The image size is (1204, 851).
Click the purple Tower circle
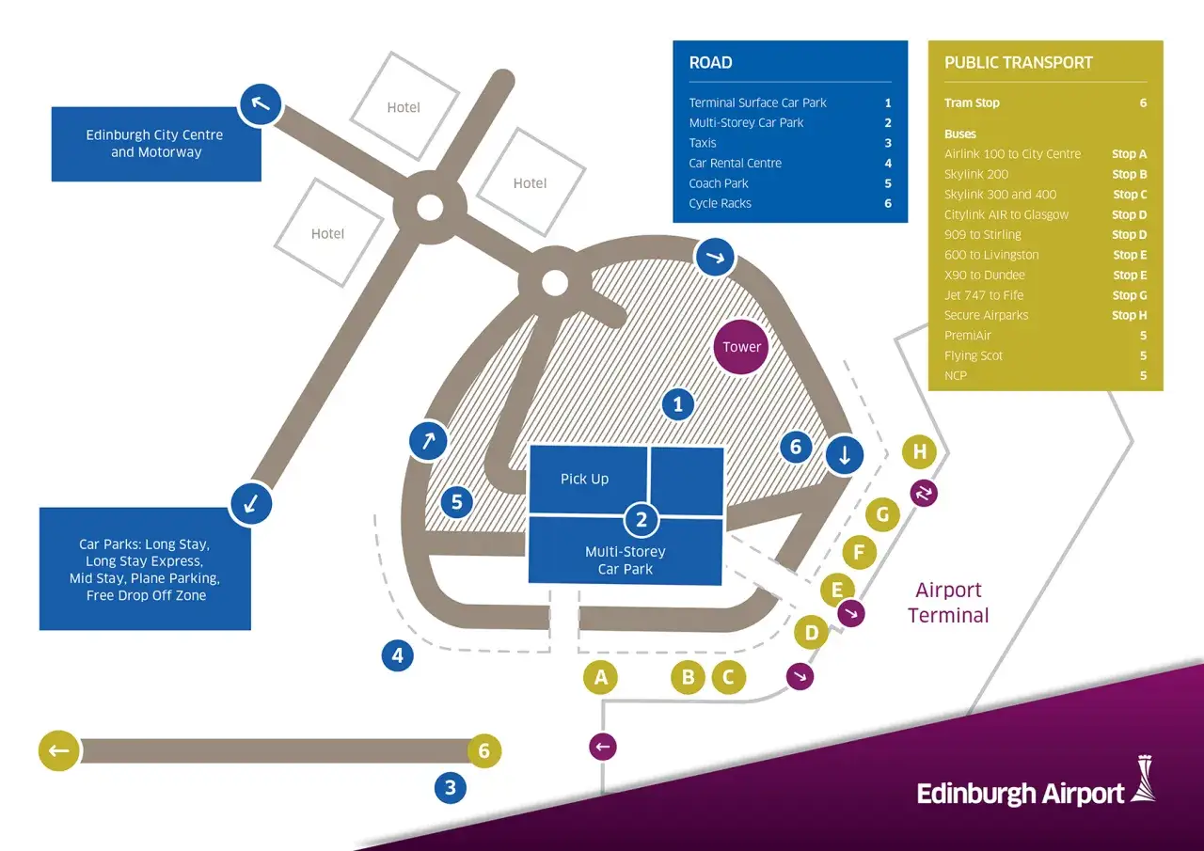coord(741,347)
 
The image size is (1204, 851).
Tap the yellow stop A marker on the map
coord(601,676)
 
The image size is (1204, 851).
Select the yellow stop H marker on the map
coord(919,452)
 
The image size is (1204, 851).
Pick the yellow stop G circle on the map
coord(882,514)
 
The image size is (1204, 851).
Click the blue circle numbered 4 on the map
coord(398,655)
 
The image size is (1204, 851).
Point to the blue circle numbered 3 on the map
coord(451,787)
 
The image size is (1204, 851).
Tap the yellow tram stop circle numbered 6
coord(484,750)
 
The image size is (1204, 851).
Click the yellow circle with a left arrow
coord(58,750)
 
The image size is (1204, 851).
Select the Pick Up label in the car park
coord(584,479)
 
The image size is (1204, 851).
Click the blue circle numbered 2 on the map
coord(642,518)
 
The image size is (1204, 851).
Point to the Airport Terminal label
coord(948,603)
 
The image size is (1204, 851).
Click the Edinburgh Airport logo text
coord(1021,794)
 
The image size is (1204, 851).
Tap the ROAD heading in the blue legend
coord(710,63)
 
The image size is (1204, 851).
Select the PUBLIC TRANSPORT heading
coord(1018,63)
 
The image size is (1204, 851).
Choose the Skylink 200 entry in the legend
coord(975,174)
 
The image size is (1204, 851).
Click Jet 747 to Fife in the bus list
coord(984,295)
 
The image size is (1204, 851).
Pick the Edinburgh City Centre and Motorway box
coord(155,144)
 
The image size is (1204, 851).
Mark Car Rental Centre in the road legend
coord(735,164)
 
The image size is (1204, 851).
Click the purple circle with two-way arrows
coord(924,493)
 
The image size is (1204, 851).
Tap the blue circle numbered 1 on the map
coord(677,405)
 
